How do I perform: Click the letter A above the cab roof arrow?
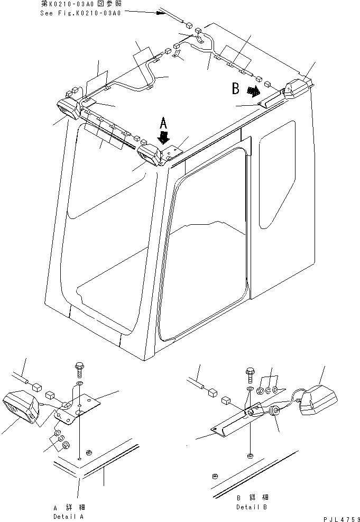pos(164,124)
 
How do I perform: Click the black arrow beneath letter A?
pos(164,139)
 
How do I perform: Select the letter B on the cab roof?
pos(236,89)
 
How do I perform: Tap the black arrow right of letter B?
pos(255,92)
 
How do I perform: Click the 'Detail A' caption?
pos(68,516)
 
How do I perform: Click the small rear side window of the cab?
pos(276,173)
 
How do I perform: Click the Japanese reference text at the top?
pos(80,4)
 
